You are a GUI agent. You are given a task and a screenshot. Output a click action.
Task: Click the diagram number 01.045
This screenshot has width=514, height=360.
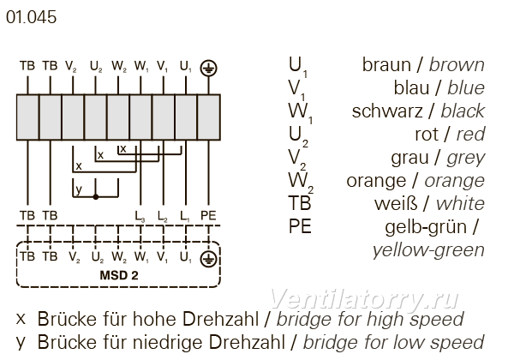31,17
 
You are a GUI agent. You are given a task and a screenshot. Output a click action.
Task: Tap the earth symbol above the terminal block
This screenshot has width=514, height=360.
208,68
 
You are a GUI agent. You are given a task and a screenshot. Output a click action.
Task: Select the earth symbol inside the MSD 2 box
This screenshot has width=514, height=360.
208,259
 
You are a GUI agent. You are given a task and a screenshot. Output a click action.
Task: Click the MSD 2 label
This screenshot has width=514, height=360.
119,275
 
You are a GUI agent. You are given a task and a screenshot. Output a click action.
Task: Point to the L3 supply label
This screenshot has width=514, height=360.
140,216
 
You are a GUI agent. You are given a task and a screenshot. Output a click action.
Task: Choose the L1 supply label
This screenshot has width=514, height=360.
185,216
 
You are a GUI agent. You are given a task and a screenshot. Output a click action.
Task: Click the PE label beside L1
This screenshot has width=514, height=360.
208,215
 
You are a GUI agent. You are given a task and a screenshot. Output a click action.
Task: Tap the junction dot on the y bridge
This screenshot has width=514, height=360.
96,197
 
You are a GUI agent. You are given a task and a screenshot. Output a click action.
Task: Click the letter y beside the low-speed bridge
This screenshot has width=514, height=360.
78,189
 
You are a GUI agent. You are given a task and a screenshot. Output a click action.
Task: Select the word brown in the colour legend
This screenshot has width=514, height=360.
457,64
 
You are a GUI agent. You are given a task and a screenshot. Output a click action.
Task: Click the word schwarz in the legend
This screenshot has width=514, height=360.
387,111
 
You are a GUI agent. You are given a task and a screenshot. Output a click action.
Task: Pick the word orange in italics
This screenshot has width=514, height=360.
454,182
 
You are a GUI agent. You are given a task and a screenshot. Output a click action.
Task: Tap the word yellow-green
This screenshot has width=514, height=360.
428,250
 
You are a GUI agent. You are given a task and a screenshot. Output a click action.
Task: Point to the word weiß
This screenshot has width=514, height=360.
396,204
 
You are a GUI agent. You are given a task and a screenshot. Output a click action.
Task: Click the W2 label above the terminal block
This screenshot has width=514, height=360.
119,67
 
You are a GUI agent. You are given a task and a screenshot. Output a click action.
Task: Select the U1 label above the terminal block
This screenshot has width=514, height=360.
185,67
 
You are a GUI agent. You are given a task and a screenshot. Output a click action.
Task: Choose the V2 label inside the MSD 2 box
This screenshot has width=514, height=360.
74,257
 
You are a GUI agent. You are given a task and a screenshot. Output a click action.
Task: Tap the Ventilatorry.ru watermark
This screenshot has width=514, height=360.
364,299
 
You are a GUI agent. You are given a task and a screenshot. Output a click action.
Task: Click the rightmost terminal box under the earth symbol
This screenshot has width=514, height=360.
209,117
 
